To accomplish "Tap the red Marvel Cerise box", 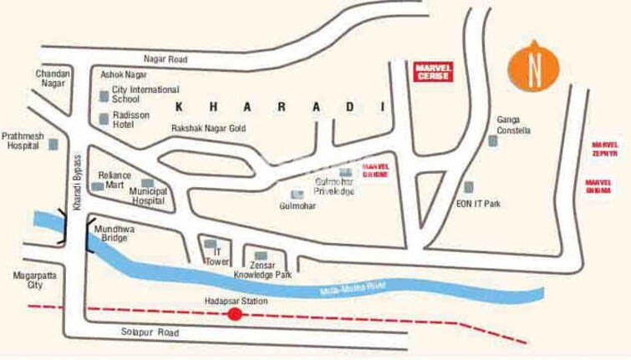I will [433, 71].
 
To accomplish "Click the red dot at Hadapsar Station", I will [235, 314].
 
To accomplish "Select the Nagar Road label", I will [165, 59].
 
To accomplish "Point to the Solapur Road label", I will [155, 332].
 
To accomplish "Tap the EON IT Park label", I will [478, 203].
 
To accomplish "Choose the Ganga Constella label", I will [513, 125].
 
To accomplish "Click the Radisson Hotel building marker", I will [104, 119].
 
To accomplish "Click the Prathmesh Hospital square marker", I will [54, 145].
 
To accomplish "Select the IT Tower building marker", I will [210, 244].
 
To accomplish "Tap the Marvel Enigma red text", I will [599, 186].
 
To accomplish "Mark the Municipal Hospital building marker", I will [147, 183].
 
